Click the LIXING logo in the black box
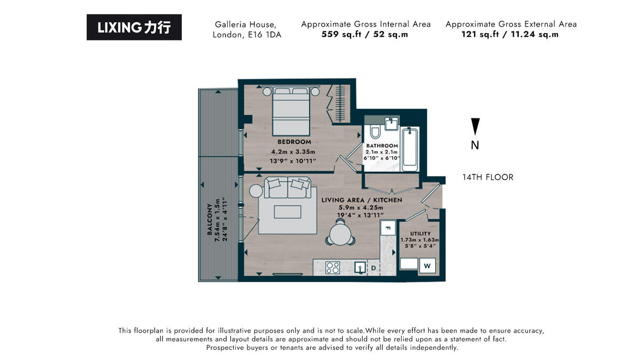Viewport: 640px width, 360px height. click(134, 28)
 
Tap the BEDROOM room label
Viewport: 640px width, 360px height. click(294, 142)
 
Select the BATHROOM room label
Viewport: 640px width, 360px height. click(382, 146)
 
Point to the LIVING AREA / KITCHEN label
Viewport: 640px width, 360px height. click(362, 200)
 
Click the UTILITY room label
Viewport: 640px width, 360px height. click(420, 234)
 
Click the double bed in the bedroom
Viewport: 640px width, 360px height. click(291, 112)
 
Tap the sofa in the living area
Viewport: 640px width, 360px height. click(287, 187)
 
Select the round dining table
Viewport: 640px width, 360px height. click(340, 233)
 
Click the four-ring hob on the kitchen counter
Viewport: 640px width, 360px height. click(333, 267)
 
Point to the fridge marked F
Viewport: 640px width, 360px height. click(388, 229)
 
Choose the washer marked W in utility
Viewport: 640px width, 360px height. click(427, 265)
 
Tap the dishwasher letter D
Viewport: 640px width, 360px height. click(373, 267)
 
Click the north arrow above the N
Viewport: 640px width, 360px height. click(475, 126)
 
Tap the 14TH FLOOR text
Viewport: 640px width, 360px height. click(487, 177)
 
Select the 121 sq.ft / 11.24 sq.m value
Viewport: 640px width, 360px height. click(510, 35)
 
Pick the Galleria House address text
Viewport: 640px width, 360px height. click(246, 30)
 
